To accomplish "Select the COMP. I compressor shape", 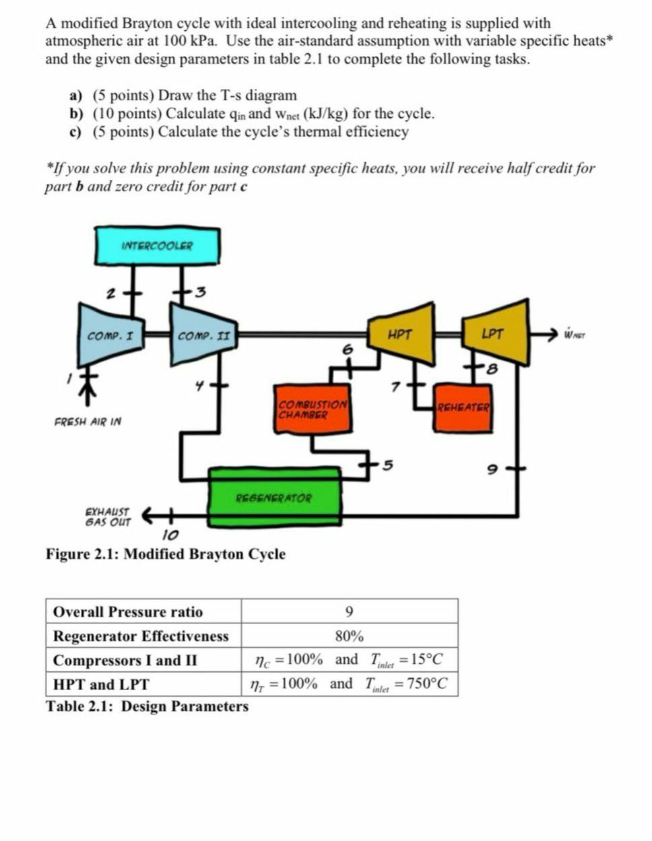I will click(114, 334).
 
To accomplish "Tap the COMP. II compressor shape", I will click(204, 334).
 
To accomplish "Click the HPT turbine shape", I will click(401, 333).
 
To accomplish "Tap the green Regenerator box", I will click(275, 498).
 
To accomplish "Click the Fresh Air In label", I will click(88, 422).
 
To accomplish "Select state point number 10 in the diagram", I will click(170, 536).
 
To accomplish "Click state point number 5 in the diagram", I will click(387, 465).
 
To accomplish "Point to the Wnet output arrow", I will click(544, 333).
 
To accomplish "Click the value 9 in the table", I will click(348, 611).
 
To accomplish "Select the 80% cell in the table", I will click(349, 636).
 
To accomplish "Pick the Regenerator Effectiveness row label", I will click(141, 636).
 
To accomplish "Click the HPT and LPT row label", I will click(101, 684).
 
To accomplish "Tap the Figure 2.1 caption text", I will click(166, 554).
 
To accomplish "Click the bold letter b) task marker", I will click(77, 114).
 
